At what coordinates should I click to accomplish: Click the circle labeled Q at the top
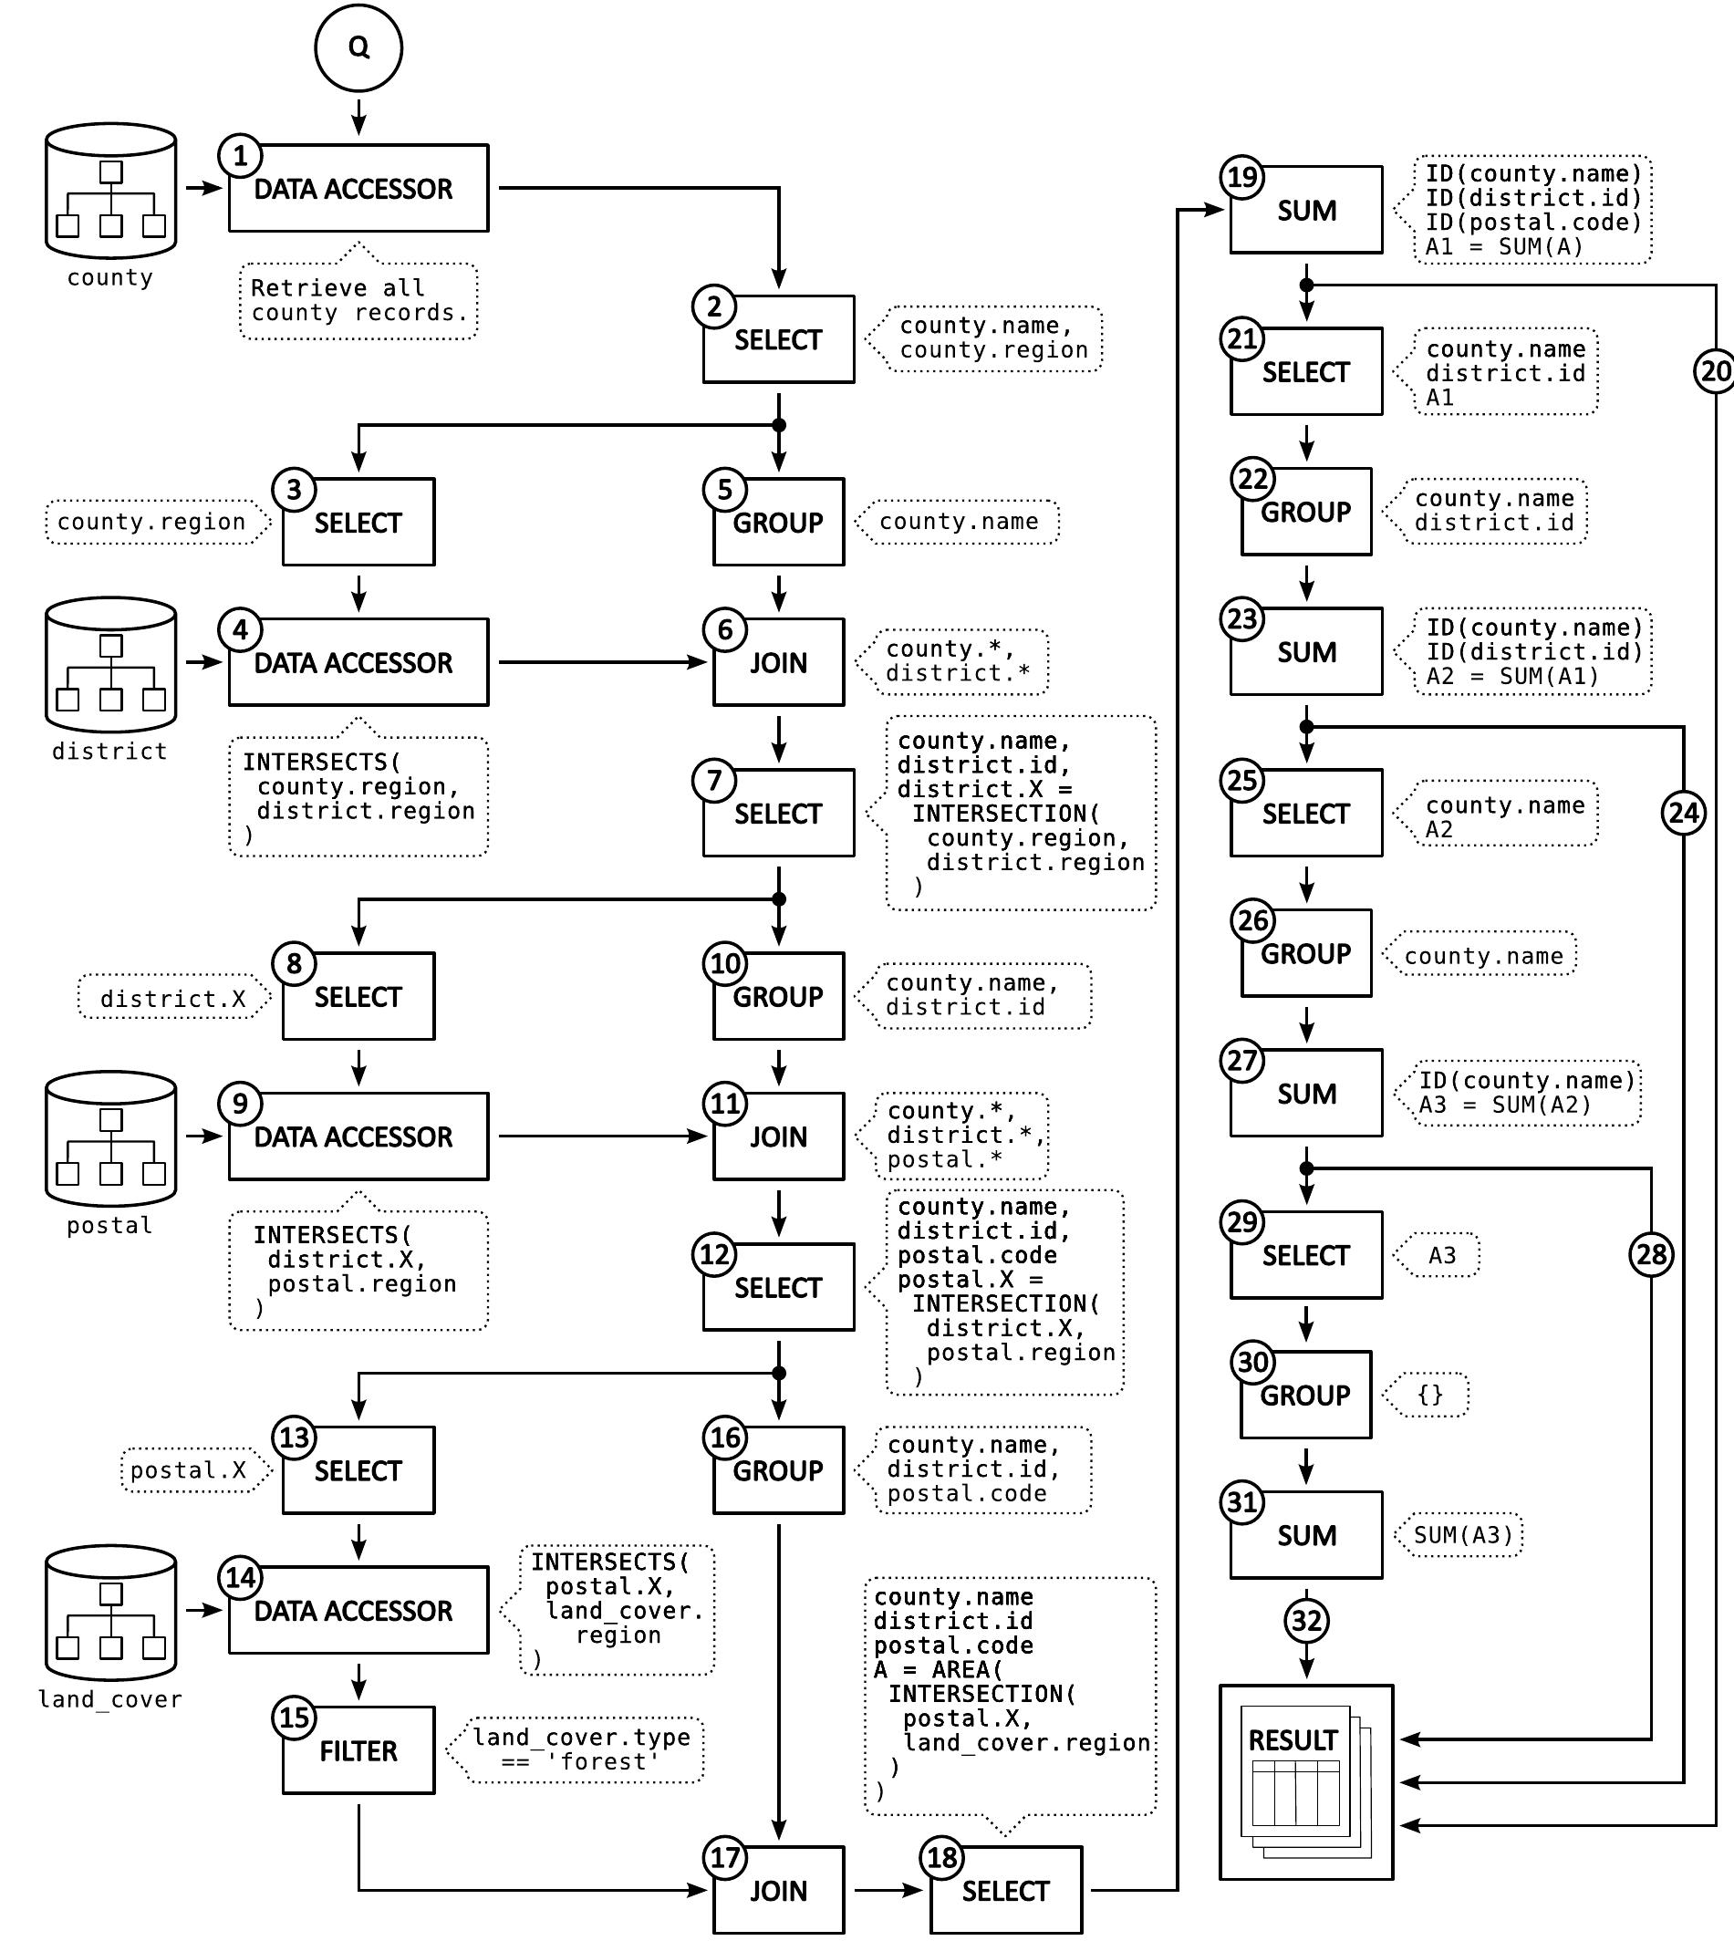(x=358, y=47)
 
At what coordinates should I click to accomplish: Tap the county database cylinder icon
(x=110, y=191)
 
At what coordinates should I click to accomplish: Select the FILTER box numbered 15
(x=358, y=1750)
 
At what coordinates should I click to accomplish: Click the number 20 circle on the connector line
(x=1714, y=370)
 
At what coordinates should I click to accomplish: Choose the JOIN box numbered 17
(x=778, y=1890)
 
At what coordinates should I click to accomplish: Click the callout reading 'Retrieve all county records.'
(x=358, y=300)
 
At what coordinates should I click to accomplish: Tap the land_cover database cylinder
(x=110, y=1613)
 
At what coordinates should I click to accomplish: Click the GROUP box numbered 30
(x=1305, y=1395)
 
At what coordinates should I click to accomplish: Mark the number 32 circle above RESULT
(x=1306, y=1620)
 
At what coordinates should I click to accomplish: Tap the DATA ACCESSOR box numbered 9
(x=358, y=1136)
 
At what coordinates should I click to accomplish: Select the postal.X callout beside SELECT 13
(x=191, y=1470)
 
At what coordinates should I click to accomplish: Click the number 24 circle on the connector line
(x=1684, y=813)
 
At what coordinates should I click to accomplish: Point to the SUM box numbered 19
(x=1306, y=210)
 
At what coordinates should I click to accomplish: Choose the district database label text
(x=109, y=751)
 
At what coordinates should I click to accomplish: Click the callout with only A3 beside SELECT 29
(x=1441, y=1255)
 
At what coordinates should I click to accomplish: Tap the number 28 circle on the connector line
(x=1651, y=1254)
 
